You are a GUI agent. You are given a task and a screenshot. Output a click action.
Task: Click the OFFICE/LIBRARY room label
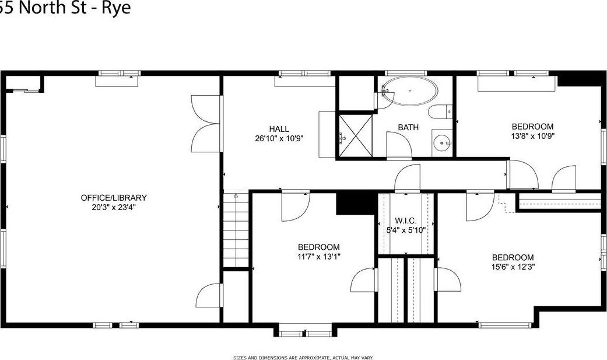point(114,198)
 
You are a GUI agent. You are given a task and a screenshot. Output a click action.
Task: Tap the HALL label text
point(279,129)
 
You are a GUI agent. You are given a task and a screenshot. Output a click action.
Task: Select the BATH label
point(408,127)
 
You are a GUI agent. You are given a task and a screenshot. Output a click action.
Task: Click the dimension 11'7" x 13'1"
point(318,256)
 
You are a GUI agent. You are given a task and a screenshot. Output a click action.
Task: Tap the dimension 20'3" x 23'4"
point(114,207)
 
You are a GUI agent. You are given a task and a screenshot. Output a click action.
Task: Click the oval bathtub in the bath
point(409,92)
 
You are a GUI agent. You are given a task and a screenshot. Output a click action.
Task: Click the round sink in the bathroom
point(444,142)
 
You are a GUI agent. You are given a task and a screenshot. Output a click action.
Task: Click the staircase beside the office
point(236,231)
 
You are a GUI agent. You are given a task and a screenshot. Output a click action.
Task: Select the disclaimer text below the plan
point(303,357)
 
